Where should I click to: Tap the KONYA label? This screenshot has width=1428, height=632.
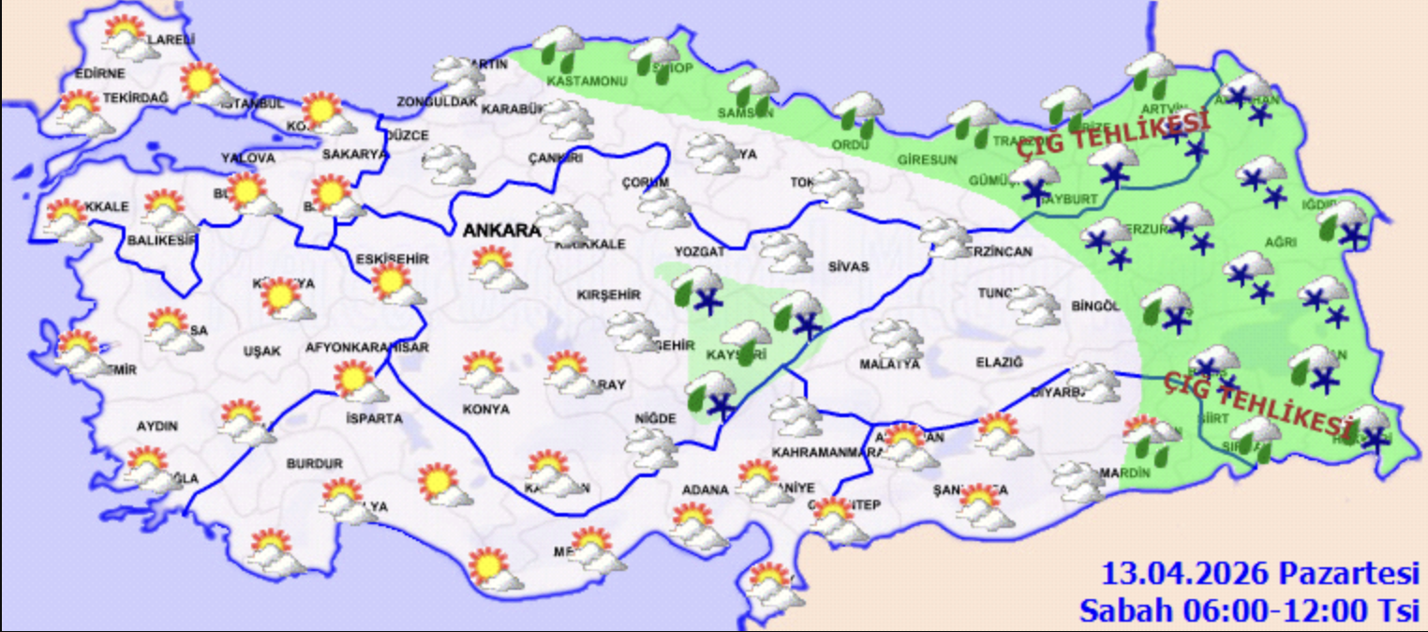point(486,410)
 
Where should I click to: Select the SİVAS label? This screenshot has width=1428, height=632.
point(848,267)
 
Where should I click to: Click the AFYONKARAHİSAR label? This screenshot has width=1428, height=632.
point(367,347)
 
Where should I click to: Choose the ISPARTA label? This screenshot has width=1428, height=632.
point(374,418)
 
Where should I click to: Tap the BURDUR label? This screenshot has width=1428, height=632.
point(314,463)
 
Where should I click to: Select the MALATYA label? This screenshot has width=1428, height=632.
point(889,364)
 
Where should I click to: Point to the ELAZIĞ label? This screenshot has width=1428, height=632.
point(999,362)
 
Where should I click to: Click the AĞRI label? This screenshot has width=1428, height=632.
point(1279,242)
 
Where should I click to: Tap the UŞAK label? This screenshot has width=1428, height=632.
point(261,351)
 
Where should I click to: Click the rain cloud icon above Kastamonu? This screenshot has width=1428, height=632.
point(560,47)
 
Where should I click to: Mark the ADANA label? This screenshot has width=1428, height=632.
point(706,490)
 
